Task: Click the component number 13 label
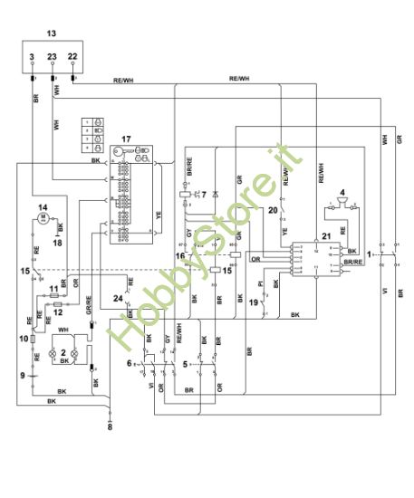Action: click(x=51, y=33)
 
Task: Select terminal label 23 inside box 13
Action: click(x=53, y=57)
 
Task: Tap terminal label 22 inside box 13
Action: click(x=73, y=57)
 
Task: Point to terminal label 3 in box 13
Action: click(x=32, y=57)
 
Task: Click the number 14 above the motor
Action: click(x=41, y=208)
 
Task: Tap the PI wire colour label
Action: click(x=261, y=286)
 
